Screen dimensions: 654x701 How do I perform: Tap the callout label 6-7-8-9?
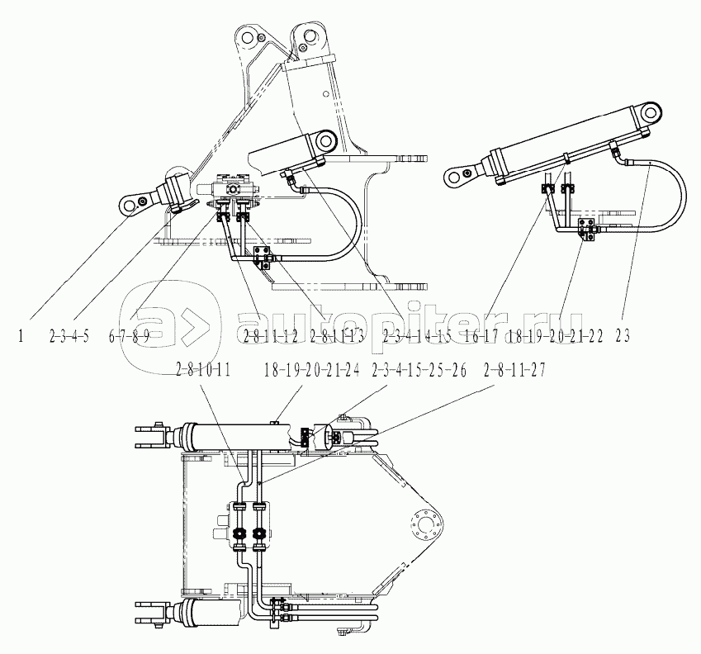[x=130, y=335]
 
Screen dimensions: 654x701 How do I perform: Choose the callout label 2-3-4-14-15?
[x=416, y=335]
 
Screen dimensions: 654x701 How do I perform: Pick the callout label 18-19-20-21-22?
[x=556, y=335]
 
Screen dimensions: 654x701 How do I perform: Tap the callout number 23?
[x=623, y=335]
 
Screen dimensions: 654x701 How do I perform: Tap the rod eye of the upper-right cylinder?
[x=460, y=173]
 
